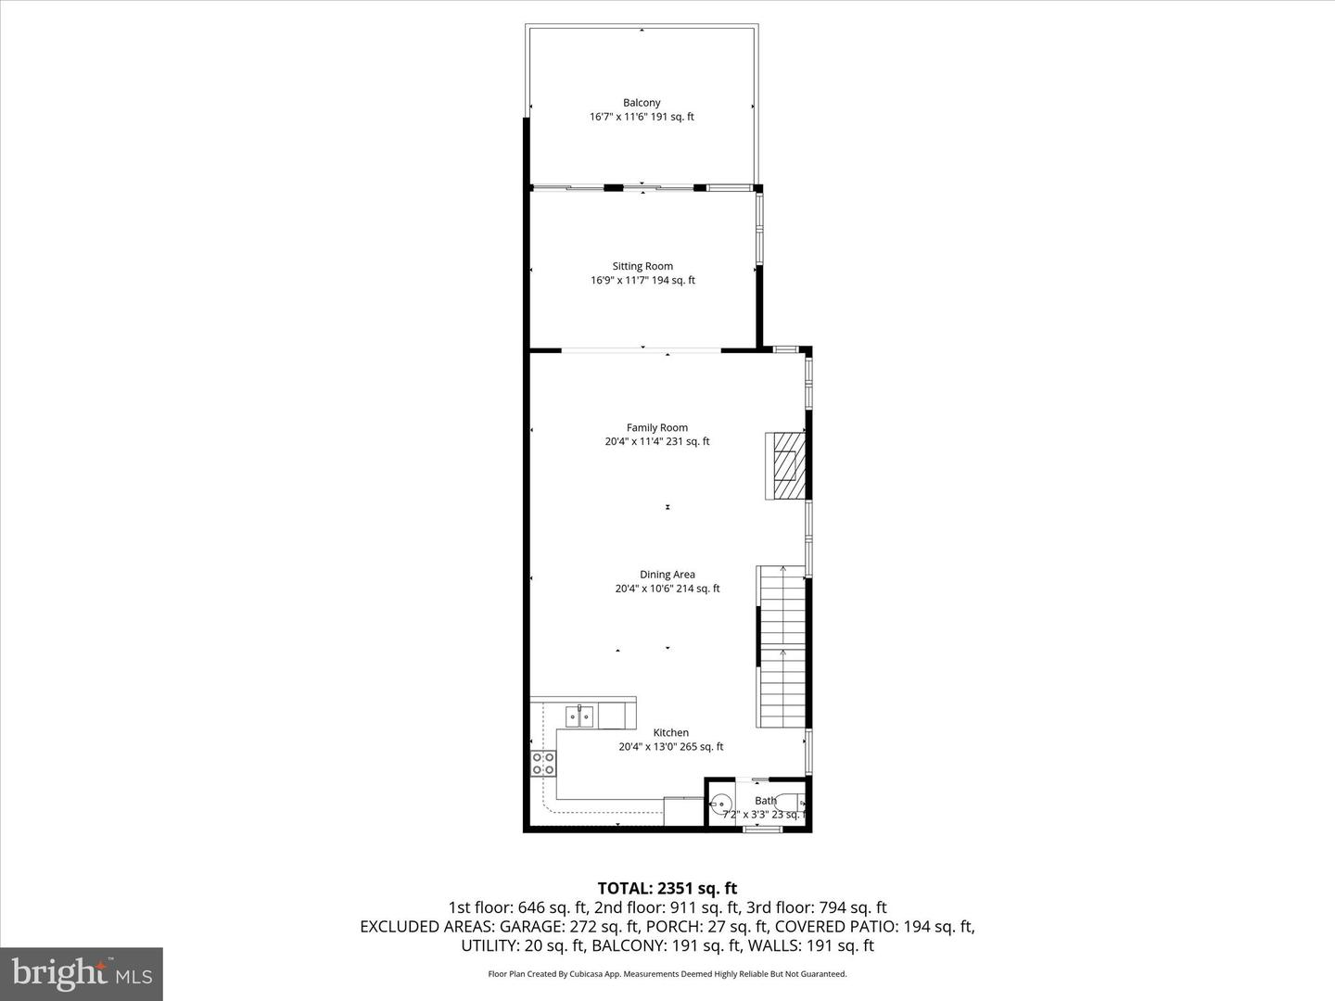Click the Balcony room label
[642, 103]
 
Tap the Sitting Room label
[642, 266]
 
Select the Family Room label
[657, 427]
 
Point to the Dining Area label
[667, 575]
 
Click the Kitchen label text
[671, 732]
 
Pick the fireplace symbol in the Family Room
[784, 466]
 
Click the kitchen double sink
[581, 716]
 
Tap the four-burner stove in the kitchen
[543, 764]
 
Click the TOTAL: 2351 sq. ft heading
[667, 889]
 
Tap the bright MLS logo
[82, 973]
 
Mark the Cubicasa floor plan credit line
[667, 974]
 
